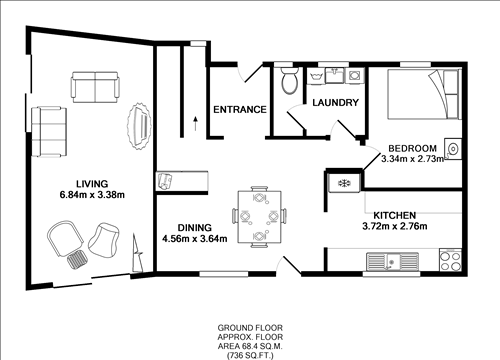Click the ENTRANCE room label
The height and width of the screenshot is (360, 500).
(x=239, y=109)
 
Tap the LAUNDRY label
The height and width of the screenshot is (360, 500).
(x=335, y=103)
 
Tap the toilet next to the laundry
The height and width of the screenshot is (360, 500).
(x=288, y=82)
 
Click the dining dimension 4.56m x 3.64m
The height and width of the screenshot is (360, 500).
(x=195, y=238)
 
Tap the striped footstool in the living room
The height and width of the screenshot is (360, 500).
(x=77, y=261)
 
